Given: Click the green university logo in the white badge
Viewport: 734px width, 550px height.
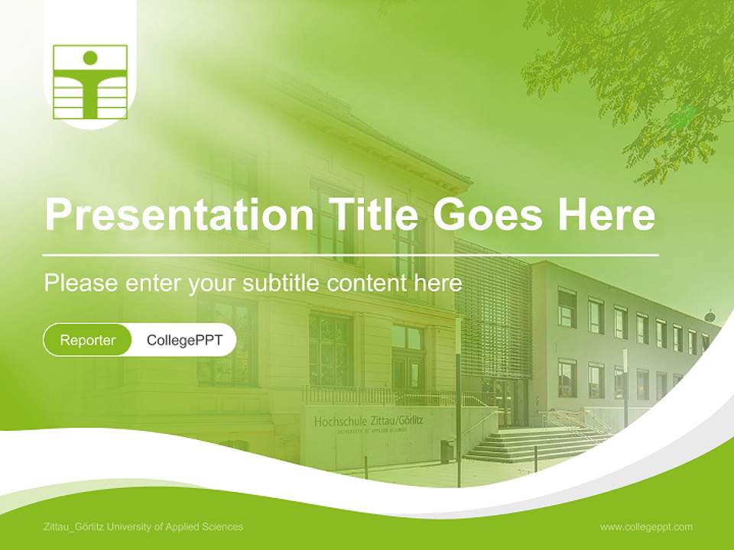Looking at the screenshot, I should [90, 82].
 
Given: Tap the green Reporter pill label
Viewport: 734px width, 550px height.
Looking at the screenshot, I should [88, 340].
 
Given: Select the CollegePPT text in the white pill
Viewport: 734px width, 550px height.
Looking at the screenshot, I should [184, 340].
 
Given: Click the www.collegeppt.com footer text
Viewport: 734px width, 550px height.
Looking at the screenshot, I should [646, 527].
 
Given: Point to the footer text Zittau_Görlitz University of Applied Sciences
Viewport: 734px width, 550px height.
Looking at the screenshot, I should [144, 527].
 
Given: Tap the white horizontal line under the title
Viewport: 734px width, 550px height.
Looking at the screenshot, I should [351, 254].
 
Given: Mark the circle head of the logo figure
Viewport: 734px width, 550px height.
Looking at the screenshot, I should [90, 57].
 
